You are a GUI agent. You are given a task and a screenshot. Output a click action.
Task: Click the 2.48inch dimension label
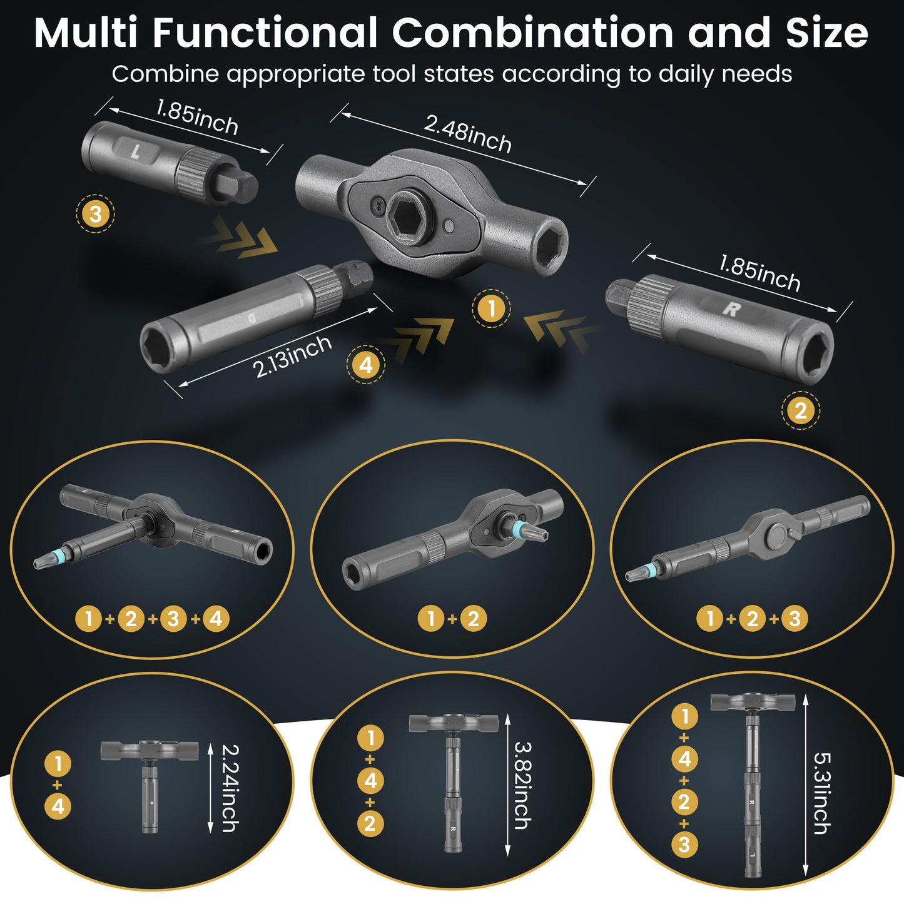(467, 133)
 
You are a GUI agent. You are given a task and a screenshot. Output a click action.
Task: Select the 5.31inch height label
(821, 793)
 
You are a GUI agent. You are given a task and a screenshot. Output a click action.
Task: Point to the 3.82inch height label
(522, 785)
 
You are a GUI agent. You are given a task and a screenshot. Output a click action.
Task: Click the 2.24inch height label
(230, 788)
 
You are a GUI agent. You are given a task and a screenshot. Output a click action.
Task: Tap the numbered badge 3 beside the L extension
(95, 214)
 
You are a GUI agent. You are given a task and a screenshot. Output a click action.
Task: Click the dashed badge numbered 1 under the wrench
(491, 308)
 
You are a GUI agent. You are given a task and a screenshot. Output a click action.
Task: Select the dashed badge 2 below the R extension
(800, 411)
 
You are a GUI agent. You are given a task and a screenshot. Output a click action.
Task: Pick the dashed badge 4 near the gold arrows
(366, 364)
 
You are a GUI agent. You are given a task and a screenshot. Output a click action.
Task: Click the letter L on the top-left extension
(136, 150)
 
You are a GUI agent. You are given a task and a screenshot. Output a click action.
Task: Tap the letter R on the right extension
(731, 308)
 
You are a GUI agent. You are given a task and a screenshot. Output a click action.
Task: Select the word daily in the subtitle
(686, 74)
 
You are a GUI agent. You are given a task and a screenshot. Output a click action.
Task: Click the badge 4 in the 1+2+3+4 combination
(216, 619)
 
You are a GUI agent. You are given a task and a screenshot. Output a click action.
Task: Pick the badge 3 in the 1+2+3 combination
(795, 619)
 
